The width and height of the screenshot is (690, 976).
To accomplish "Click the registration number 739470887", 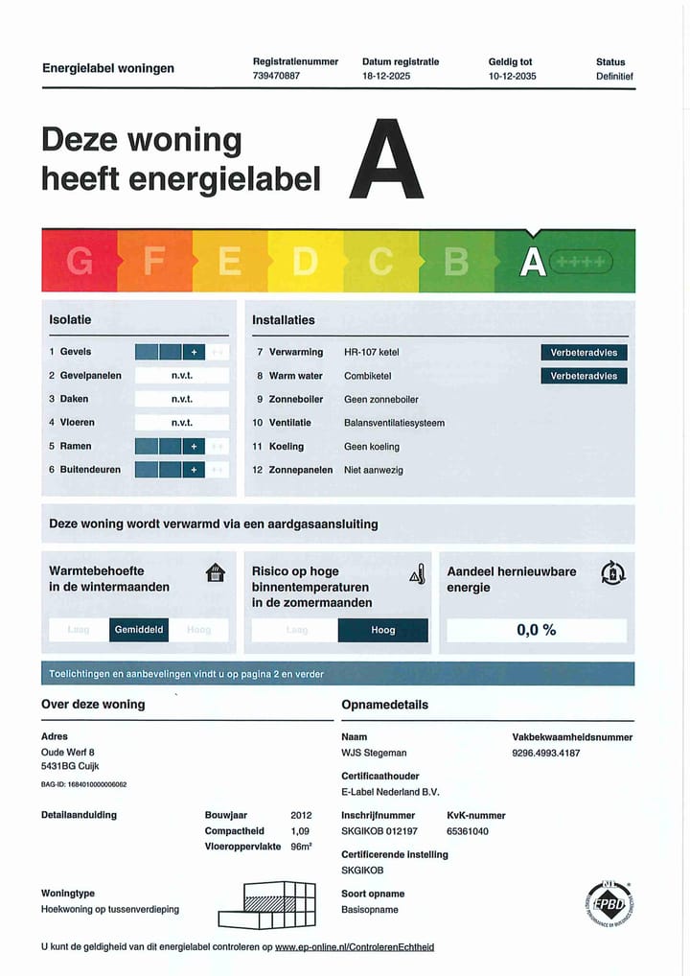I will [276, 76].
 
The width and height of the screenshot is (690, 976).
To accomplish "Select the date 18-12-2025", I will [386, 76].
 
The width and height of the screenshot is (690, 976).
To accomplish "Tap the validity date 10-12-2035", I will [513, 76].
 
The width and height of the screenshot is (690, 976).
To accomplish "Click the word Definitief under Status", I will [614, 76].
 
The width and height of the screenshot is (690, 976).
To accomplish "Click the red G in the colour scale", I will [80, 262].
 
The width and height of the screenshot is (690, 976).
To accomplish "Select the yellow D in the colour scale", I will [304, 262].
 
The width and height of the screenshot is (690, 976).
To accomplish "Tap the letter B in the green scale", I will [456, 262].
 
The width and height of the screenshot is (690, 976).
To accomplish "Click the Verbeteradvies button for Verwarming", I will [584, 353].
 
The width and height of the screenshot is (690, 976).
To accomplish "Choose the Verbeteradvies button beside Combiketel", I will [584, 376].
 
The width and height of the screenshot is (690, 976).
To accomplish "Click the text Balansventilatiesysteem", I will [394, 423].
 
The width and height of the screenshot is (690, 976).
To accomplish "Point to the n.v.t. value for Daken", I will [182, 399].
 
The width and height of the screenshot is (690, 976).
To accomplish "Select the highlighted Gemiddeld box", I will [139, 630].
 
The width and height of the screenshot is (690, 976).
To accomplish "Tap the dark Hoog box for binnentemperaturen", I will [382, 630].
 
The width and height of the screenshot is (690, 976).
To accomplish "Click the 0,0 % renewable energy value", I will [536, 630].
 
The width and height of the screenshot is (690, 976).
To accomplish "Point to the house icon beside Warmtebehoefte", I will [216, 572].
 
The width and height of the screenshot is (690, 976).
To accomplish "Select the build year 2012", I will [301, 815].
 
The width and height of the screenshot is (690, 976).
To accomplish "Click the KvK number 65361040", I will [468, 831].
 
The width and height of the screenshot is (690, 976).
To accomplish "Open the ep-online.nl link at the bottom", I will [354, 947].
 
